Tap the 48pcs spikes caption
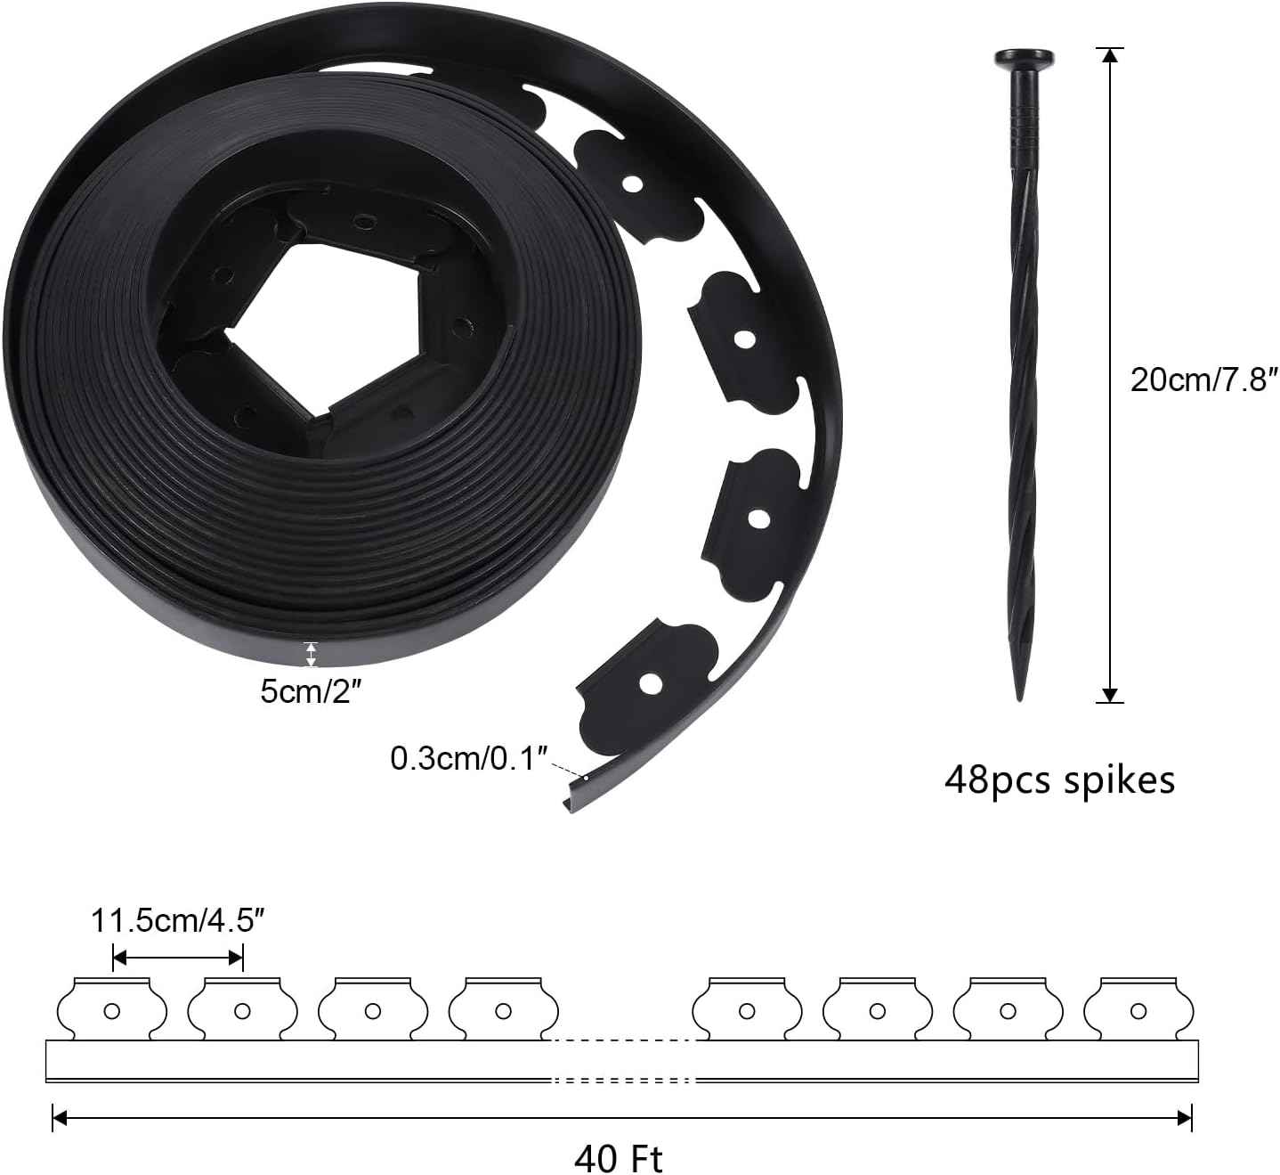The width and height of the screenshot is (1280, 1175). click(x=1059, y=779)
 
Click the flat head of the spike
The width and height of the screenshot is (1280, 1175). click(x=1024, y=61)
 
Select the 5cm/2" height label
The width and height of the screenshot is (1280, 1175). click(x=311, y=690)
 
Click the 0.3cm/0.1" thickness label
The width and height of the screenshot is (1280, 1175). click(x=467, y=759)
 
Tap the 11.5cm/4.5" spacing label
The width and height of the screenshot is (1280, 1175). click(x=178, y=920)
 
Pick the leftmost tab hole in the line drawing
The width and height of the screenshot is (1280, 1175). click(x=112, y=1011)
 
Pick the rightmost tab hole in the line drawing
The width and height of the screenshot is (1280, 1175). click(x=1138, y=1011)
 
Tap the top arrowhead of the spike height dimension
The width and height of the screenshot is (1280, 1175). click(x=1109, y=56)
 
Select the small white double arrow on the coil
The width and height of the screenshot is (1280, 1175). click(x=311, y=655)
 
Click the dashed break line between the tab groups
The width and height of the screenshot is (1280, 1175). click(x=623, y=1040)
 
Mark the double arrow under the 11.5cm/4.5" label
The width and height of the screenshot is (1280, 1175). click(x=178, y=958)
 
